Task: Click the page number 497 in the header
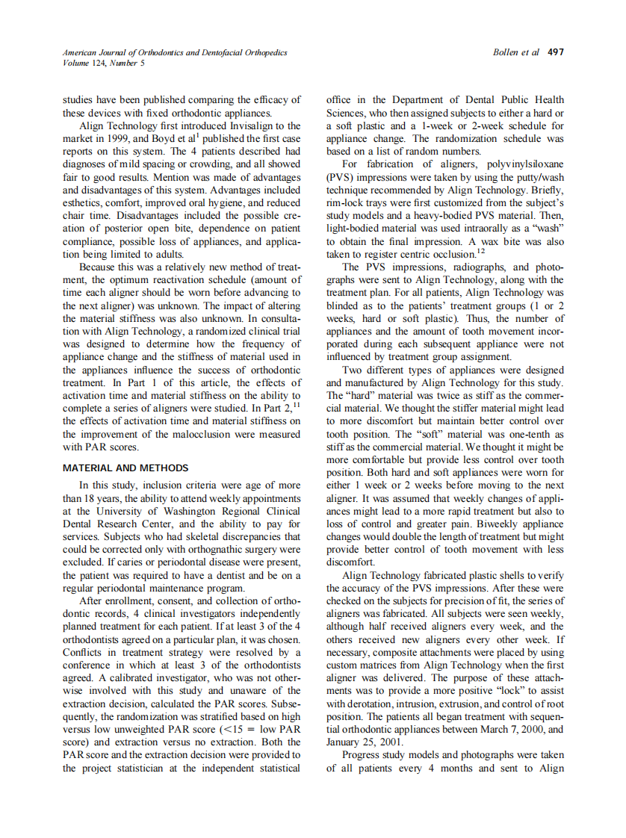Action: [556, 52]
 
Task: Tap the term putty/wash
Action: [545, 176]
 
